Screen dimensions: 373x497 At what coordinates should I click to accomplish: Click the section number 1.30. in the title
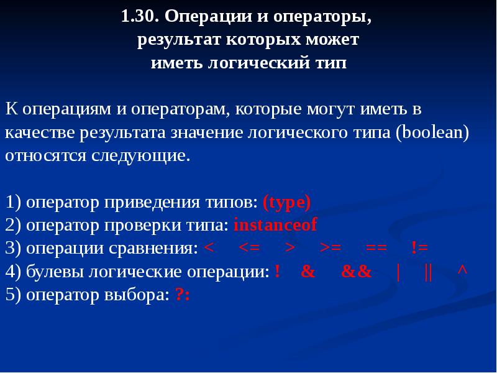coord(140,17)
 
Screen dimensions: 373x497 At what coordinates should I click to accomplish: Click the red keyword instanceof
coord(275,225)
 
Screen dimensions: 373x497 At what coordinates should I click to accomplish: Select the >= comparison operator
coord(331,248)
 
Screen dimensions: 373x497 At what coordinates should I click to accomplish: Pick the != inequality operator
coord(420,248)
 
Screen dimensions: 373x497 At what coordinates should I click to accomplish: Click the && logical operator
coord(357,272)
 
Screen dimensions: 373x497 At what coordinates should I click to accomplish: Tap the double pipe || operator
coord(427,272)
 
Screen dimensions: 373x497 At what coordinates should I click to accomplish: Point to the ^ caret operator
coord(462,272)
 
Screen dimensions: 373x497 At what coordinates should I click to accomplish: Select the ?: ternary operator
coord(182,295)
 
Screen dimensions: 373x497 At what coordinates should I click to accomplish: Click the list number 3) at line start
coord(14,248)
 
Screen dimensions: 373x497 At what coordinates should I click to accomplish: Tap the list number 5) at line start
coord(14,295)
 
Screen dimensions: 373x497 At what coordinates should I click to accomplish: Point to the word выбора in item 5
coord(137,295)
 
